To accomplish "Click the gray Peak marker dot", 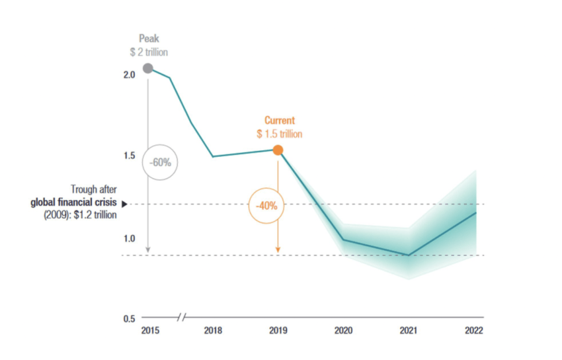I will (x=148, y=68).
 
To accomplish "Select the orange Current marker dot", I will (x=278, y=150).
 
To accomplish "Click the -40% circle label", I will (x=266, y=205).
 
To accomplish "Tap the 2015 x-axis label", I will (x=150, y=331).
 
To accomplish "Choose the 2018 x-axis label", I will (x=213, y=331).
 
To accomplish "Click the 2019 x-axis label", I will (x=278, y=331).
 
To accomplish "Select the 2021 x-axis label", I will (x=408, y=331).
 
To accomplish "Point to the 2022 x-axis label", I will (x=474, y=331).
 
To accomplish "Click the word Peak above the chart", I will (x=149, y=40).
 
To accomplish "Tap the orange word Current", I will (x=280, y=120).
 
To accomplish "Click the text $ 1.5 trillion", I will (x=280, y=134).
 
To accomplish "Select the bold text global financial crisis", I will (x=74, y=203).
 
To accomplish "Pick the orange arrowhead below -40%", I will (x=278, y=249).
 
